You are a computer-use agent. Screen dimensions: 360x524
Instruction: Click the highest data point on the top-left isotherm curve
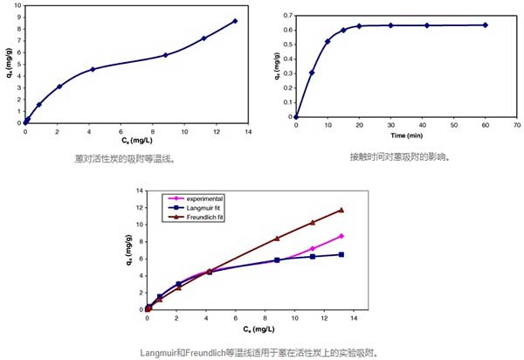click(235, 21)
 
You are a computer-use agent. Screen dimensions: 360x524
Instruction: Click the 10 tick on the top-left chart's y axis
click(17, 7)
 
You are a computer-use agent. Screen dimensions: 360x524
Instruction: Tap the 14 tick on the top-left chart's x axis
click(248, 131)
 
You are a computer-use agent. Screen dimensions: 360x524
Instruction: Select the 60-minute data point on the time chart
click(485, 24)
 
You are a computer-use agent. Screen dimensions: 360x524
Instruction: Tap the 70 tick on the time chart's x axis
click(515, 125)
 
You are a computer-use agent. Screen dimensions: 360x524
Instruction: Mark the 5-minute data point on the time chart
click(312, 73)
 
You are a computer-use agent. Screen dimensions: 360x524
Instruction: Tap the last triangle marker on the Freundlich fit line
click(341, 210)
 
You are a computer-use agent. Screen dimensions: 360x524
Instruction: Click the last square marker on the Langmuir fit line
click(341, 254)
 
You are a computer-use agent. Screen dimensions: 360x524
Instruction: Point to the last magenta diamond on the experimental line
click(341, 236)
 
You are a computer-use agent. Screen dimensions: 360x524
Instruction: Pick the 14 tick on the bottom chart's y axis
click(139, 190)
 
